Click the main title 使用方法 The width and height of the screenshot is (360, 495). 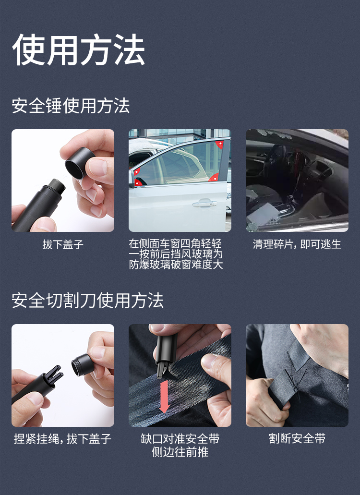coord(79,49)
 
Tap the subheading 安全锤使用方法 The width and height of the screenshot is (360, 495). coord(71,106)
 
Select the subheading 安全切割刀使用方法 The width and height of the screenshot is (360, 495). coord(87,300)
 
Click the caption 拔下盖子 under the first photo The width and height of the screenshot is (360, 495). coord(63,244)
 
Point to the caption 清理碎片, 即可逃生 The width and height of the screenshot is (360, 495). coord(297,244)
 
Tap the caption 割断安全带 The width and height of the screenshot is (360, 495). coord(297,438)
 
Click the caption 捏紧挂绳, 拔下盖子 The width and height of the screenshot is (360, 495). coord(62,439)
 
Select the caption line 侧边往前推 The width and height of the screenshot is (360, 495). coord(180,452)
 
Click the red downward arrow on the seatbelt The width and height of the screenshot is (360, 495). coord(164,397)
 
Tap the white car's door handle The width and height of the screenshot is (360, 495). coord(204,203)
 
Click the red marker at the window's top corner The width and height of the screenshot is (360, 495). coord(219,144)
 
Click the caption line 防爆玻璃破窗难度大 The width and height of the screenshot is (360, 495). coord(176,265)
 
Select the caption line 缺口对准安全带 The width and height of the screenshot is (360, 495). coord(180,439)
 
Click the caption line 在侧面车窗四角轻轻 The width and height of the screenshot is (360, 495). coord(175,244)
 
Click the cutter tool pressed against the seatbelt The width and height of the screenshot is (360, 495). coord(165,353)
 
